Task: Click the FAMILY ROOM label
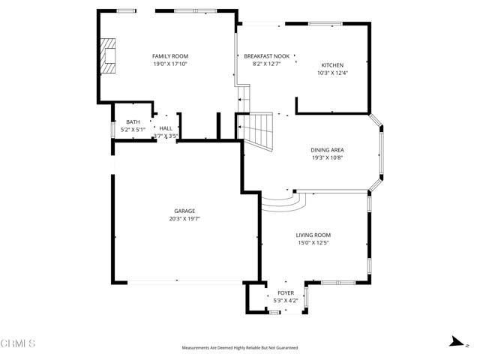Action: [x=169, y=56]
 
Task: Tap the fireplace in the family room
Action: [x=110, y=56]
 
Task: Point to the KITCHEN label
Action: [x=332, y=64]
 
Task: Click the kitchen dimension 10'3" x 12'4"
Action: [x=332, y=73]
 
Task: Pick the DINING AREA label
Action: [x=328, y=150]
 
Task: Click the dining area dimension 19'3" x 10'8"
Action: [x=328, y=158]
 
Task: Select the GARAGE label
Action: [x=185, y=211]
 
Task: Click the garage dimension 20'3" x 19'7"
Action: [x=185, y=219]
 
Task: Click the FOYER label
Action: [x=286, y=292]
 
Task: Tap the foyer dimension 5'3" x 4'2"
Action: [x=286, y=301]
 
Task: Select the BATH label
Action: [x=133, y=122]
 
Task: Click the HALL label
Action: [x=166, y=128]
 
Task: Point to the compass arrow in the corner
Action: [x=454, y=341]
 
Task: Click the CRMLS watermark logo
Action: [x=18, y=344]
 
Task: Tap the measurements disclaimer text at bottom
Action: [x=239, y=348]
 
